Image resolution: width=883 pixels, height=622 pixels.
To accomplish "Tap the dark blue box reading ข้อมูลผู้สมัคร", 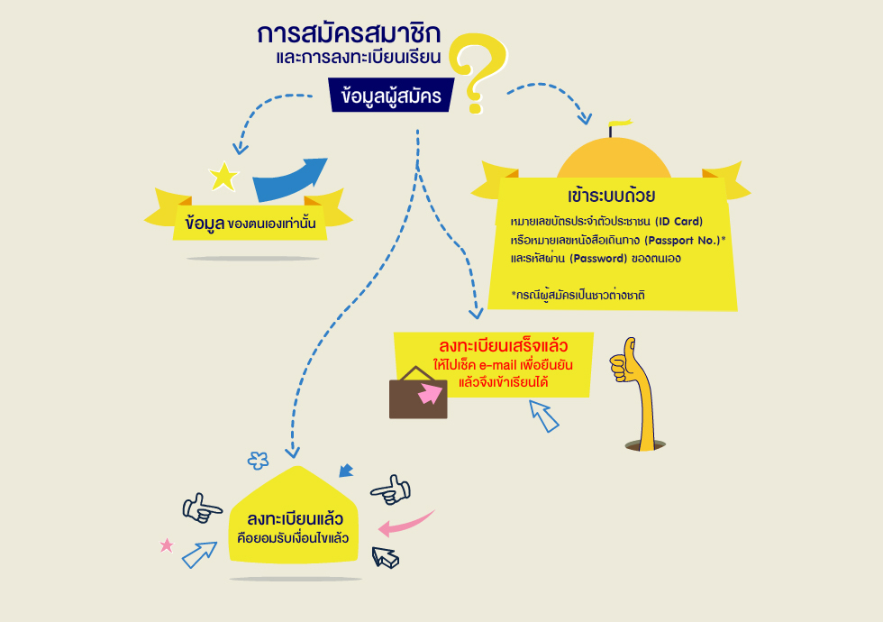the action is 391,96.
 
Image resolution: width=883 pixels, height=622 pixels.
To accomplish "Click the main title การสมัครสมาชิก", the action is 349,34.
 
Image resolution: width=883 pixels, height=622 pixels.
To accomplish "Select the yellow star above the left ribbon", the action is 223,177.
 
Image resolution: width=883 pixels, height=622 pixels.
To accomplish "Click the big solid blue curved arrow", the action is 288,179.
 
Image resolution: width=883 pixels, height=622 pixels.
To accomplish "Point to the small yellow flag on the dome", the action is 621,123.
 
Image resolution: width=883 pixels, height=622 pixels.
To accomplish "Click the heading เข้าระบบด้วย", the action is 611,197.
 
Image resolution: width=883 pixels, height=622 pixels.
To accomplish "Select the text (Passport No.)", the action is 683,241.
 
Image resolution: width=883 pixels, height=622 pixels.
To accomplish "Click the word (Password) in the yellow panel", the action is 598,259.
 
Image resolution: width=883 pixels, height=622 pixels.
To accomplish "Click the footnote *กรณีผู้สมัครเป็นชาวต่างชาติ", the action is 578,296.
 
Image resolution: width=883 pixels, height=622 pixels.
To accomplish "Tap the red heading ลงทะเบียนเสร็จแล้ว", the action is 503,345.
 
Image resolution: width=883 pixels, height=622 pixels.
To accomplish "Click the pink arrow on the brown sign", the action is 431,393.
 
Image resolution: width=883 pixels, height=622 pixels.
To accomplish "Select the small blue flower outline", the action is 258,461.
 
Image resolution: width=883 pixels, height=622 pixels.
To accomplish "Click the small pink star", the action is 167,545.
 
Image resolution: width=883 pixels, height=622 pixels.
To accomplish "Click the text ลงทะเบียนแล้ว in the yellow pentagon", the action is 295,519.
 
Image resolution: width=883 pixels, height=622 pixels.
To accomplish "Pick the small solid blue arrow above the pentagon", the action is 346,471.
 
